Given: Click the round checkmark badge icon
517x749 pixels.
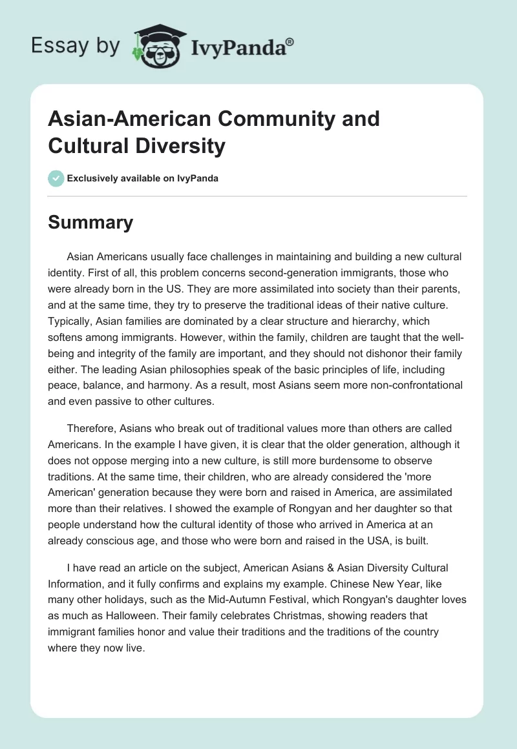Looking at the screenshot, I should pos(56,178).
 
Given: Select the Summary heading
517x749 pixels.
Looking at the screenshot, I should pos(90,222).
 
